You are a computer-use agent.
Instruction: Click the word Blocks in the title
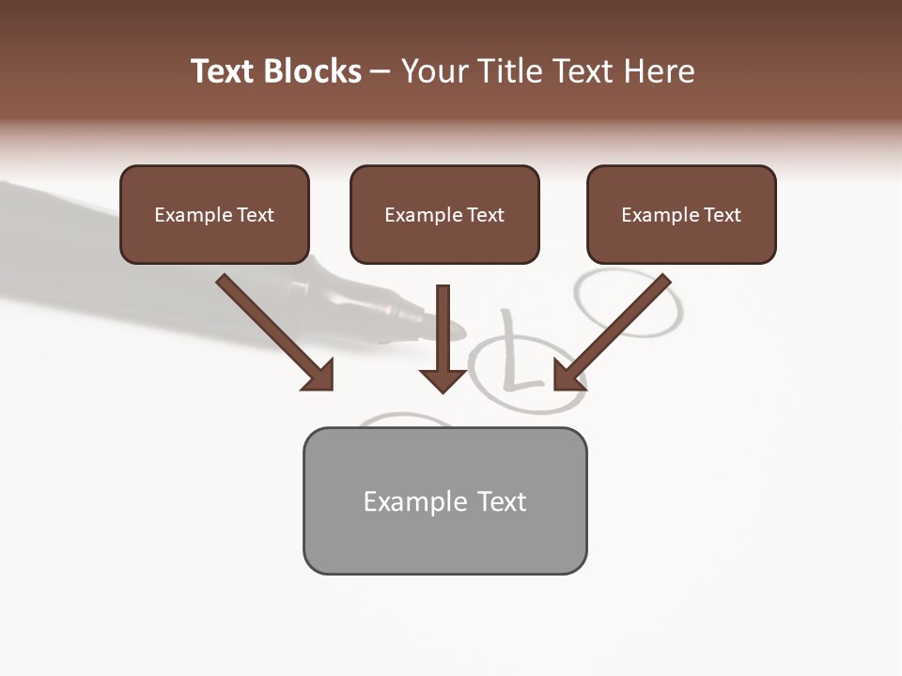click(311, 71)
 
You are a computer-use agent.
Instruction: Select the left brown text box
click(214, 215)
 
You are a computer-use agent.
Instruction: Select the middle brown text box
click(444, 215)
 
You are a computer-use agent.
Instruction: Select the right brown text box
click(681, 215)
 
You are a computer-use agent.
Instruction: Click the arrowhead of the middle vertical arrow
click(443, 379)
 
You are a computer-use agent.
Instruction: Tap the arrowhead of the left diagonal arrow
click(319, 376)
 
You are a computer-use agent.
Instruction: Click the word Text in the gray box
click(502, 501)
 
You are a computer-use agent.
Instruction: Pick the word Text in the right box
click(721, 215)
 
